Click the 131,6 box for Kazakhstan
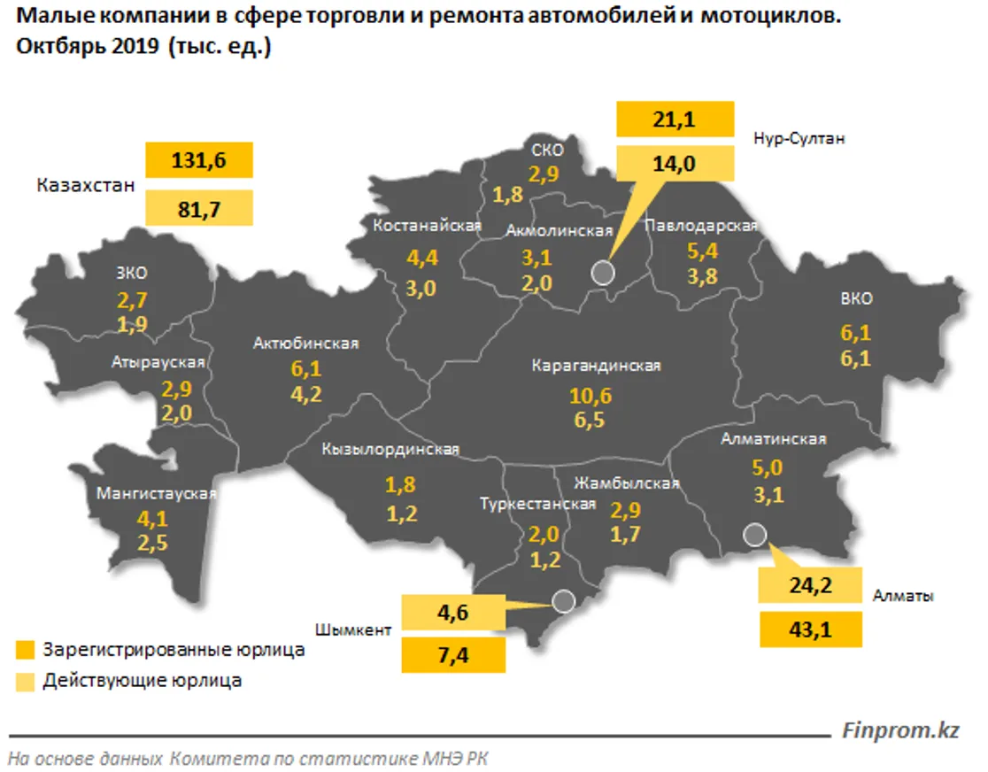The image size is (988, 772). pyautogui.click(x=199, y=160)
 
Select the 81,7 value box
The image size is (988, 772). pyautogui.click(x=199, y=207)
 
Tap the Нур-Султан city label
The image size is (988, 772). pyautogui.click(x=799, y=139)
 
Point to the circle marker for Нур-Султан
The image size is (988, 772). pyautogui.click(x=603, y=272)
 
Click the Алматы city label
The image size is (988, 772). pyautogui.click(x=903, y=597)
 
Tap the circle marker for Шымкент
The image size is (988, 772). pyautogui.click(x=562, y=602)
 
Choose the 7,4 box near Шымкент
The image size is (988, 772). pyautogui.click(x=453, y=655)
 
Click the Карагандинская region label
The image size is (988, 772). pyautogui.click(x=597, y=365)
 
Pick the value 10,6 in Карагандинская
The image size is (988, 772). pyautogui.click(x=591, y=396)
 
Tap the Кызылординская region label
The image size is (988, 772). pyautogui.click(x=390, y=450)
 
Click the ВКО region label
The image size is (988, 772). pyautogui.click(x=856, y=299)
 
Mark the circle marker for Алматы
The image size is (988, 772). pyautogui.click(x=754, y=534)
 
